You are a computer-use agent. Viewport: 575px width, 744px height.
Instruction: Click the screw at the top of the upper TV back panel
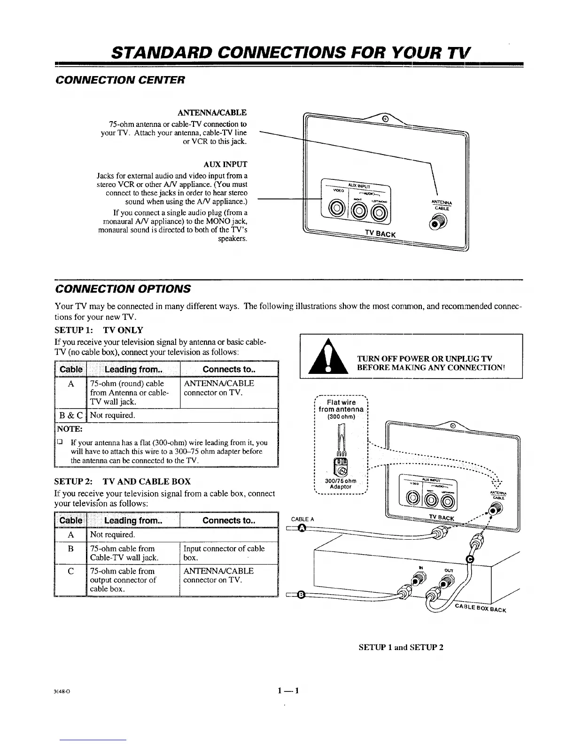(x=385, y=119)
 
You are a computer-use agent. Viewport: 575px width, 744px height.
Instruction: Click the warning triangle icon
(x=328, y=358)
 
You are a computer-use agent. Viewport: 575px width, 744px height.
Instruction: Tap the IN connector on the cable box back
(x=416, y=581)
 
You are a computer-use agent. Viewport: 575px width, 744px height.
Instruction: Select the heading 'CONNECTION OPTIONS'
(x=123, y=288)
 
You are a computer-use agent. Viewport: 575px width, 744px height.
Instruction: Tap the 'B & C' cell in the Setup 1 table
(x=70, y=415)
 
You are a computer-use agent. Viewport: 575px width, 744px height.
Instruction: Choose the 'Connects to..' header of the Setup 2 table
(x=229, y=520)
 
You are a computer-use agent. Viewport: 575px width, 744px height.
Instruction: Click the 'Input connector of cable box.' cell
(x=224, y=553)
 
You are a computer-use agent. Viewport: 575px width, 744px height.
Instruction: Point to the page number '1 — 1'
(x=288, y=690)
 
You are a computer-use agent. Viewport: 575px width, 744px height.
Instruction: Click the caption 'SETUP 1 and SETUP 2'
(x=401, y=647)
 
